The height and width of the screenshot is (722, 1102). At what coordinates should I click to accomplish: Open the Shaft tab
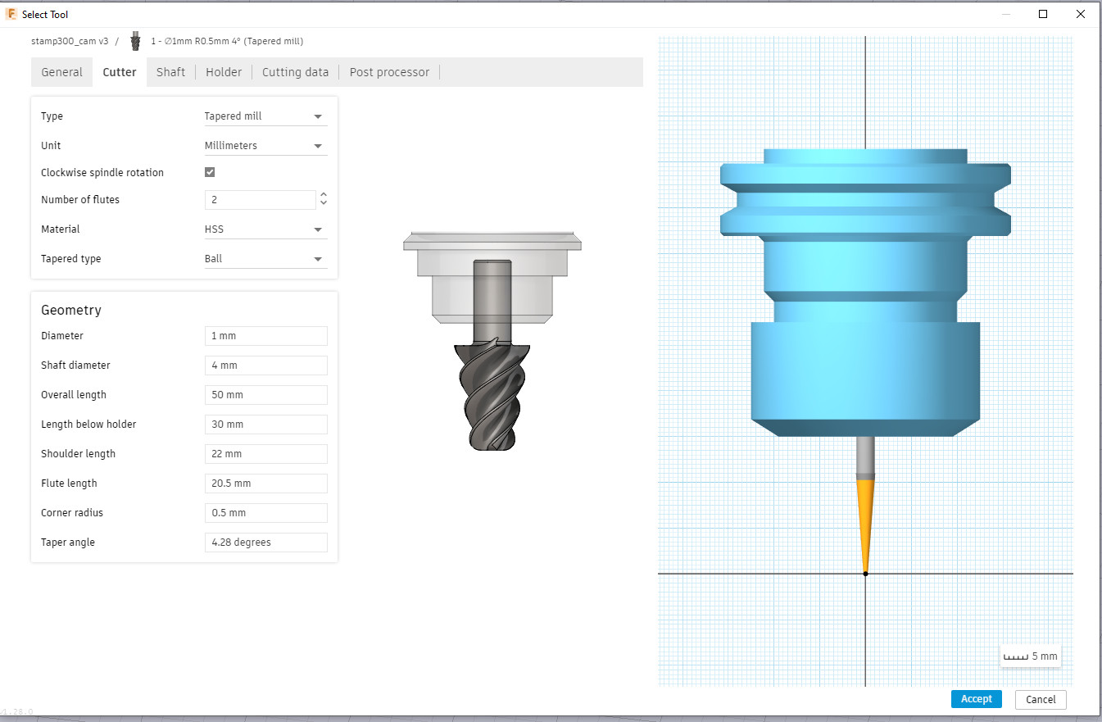point(170,72)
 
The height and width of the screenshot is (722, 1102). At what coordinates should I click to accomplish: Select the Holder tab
point(224,72)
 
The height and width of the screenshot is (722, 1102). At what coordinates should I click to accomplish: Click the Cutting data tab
point(295,72)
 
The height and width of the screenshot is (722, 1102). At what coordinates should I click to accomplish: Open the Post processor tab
point(389,72)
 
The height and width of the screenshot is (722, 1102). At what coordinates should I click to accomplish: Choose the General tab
point(62,72)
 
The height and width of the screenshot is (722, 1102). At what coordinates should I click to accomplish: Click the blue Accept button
point(976,699)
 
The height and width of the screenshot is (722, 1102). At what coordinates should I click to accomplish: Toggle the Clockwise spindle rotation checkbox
point(210,172)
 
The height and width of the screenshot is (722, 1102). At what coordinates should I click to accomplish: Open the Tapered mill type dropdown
point(265,116)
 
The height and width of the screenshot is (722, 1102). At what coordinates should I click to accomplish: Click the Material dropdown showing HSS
point(265,229)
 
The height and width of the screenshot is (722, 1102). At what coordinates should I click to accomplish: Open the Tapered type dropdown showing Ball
point(265,259)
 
